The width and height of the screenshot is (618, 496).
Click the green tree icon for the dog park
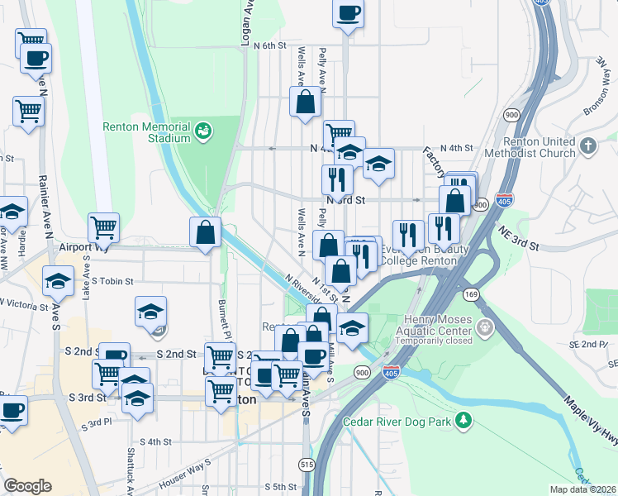click(x=465, y=421)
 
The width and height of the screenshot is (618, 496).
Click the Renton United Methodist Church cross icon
click(x=587, y=146)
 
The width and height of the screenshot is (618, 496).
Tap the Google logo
click(x=27, y=486)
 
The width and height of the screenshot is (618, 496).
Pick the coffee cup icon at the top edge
click(x=348, y=13)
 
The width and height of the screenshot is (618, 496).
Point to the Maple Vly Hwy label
click(x=588, y=422)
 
